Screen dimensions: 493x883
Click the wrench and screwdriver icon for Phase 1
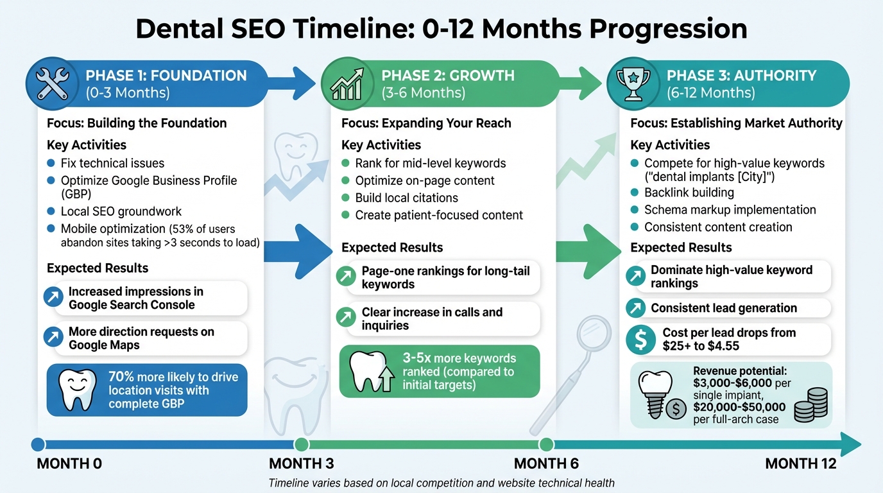[x=52, y=84]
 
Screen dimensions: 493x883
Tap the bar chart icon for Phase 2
[x=347, y=84]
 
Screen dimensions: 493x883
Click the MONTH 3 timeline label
[x=301, y=463]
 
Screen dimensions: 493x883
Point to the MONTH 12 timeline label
[x=801, y=463]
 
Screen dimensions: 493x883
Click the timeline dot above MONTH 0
[x=38, y=444]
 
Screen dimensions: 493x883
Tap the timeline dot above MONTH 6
[x=546, y=444]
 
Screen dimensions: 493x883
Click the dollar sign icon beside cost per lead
[x=640, y=340]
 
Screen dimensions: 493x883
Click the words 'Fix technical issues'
[x=112, y=163]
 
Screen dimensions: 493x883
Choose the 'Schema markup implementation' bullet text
[x=730, y=210]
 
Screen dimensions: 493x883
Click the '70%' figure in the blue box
[x=122, y=377]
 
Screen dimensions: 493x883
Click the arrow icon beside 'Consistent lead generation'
[x=636, y=309]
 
